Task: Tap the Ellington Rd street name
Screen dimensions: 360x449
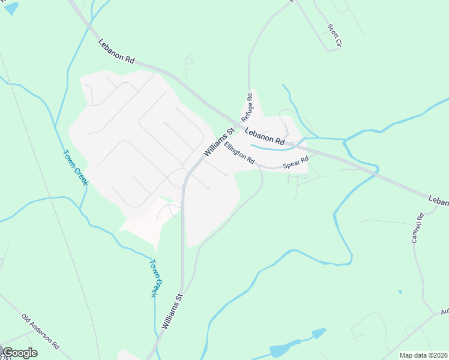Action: [240, 153]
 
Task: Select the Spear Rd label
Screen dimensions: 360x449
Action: [295, 162]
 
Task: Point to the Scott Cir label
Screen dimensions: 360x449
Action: [334, 35]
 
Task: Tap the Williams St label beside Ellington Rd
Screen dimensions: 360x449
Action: [218, 143]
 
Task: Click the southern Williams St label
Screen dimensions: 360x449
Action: [170, 311]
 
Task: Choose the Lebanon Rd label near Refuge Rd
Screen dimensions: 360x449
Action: [264, 135]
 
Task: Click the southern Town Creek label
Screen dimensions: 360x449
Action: [155, 278]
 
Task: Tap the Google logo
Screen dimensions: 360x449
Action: [19, 353]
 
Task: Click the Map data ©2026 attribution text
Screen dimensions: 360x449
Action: [423, 355]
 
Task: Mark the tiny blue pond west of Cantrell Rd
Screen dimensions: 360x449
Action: [400, 292]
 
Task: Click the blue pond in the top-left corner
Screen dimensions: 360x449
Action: [11, 8]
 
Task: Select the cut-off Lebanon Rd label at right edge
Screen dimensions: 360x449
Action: [438, 201]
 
